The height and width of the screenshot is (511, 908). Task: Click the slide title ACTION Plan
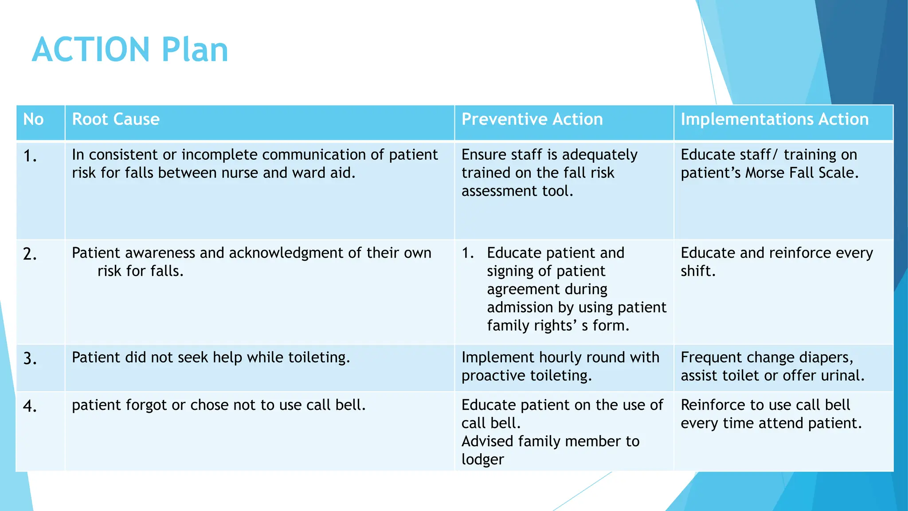coord(130,50)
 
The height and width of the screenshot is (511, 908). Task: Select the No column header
coord(33,119)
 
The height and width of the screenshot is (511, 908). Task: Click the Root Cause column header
coord(116,119)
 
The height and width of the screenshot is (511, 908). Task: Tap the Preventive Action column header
coord(532,119)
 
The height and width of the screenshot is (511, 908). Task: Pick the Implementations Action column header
coord(774,119)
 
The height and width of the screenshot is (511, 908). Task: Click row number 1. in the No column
coord(30,156)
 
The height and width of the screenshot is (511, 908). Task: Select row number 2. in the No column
coord(30,254)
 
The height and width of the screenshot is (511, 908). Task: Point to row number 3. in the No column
coord(30,358)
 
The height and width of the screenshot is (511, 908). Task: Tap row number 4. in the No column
coord(30,406)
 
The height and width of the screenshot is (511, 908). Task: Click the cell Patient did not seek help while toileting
coord(211,358)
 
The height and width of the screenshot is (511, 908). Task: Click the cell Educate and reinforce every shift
coord(776,262)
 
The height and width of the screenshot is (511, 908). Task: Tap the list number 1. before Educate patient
coord(468,253)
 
